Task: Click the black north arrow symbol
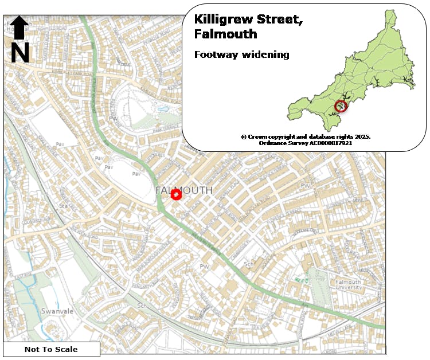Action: click(x=19, y=28)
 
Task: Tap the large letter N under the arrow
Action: click(x=20, y=53)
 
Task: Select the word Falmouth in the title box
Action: click(x=225, y=34)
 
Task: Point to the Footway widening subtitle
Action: click(x=241, y=55)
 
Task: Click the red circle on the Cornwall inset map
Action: click(x=341, y=106)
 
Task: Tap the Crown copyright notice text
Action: click(x=306, y=136)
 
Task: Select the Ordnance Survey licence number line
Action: click(x=306, y=143)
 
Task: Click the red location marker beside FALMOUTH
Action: click(x=177, y=195)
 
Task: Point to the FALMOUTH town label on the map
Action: click(x=184, y=190)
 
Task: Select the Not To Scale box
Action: click(x=51, y=349)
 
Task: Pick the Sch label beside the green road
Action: click(x=249, y=265)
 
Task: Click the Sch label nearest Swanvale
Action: click(x=141, y=306)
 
